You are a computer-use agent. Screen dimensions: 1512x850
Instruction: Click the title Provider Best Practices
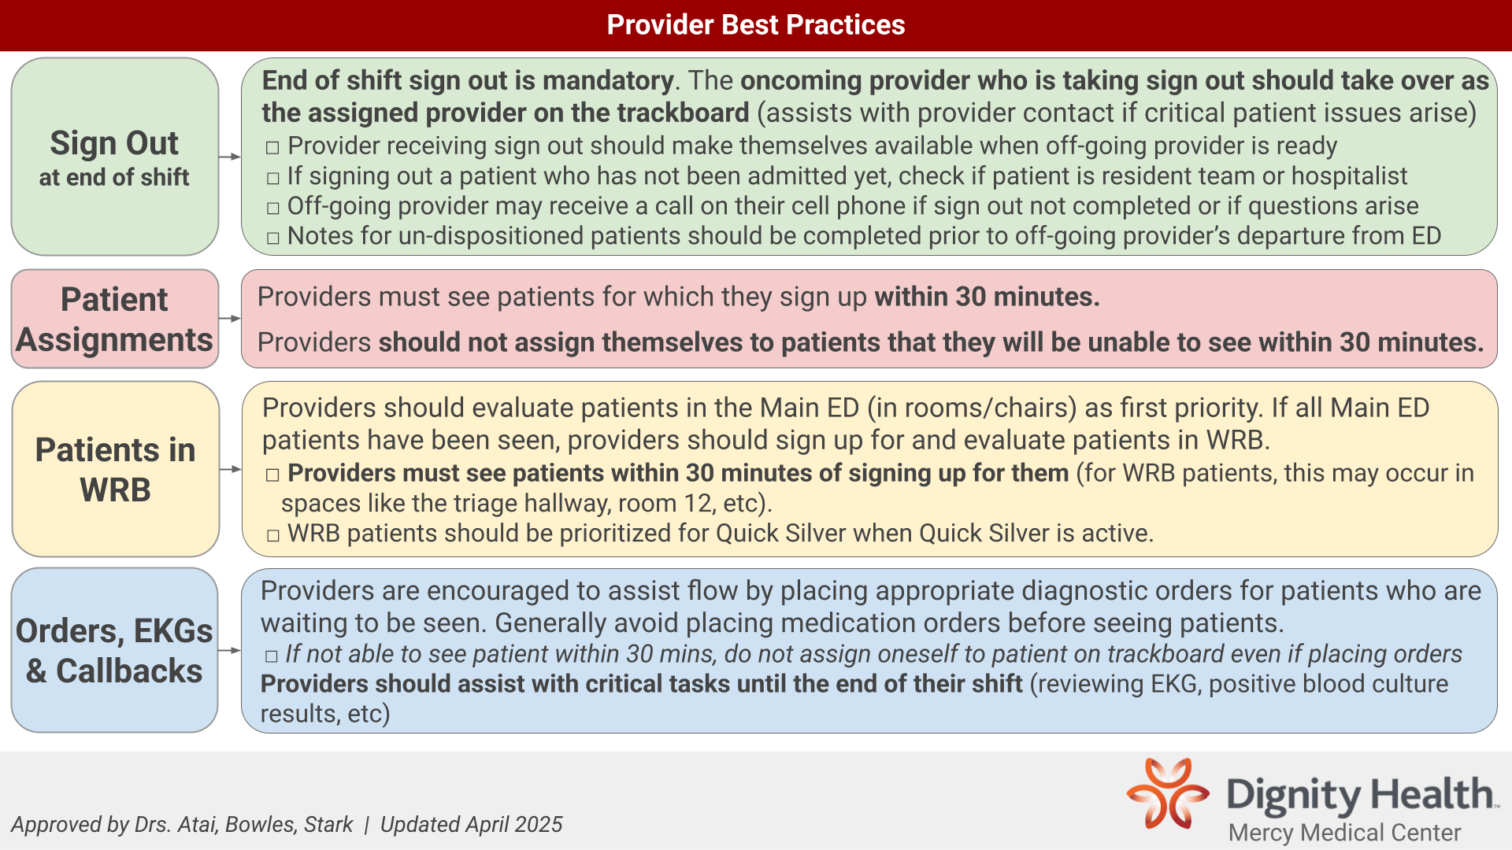pyautogui.click(x=756, y=25)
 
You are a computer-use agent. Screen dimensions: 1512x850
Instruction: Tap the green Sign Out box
pyautogui.click(x=115, y=157)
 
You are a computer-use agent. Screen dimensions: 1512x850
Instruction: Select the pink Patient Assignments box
pyautogui.click(x=115, y=319)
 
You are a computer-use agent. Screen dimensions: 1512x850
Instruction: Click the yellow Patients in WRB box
pyautogui.click(x=115, y=469)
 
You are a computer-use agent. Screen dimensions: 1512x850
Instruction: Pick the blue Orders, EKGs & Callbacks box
pyautogui.click(x=115, y=650)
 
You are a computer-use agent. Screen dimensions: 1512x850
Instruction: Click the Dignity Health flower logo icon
pyautogui.click(x=1168, y=793)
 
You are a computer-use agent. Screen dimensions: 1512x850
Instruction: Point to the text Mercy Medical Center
pyautogui.click(x=1344, y=833)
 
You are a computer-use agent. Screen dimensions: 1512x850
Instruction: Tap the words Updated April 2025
pyautogui.click(x=471, y=824)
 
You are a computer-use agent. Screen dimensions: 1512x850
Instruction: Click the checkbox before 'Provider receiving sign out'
pyautogui.click(x=272, y=147)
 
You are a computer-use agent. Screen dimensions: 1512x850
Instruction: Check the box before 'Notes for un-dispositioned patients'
pyautogui.click(x=272, y=238)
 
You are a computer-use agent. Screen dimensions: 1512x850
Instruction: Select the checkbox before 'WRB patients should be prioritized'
pyautogui.click(x=272, y=535)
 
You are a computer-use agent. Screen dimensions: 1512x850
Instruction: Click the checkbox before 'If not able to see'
pyautogui.click(x=272, y=656)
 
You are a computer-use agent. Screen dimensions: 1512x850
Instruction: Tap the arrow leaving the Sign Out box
pyautogui.click(x=230, y=157)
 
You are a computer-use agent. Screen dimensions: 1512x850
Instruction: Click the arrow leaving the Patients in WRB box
pyautogui.click(x=231, y=469)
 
